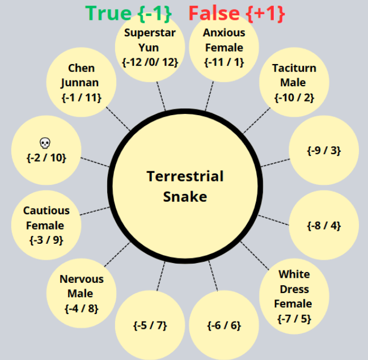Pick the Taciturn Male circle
(x=293, y=83)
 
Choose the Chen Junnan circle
(x=81, y=83)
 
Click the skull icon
(x=45, y=142)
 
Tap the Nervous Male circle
(x=82, y=294)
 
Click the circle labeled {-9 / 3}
(x=324, y=150)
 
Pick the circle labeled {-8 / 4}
(x=324, y=225)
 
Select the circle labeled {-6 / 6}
(x=223, y=325)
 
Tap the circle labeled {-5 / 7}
(x=150, y=325)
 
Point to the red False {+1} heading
(x=236, y=12)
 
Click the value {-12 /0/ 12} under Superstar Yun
(x=150, y=62)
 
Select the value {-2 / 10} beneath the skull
(x=46, y=157)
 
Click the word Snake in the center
(x=185, y=197)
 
